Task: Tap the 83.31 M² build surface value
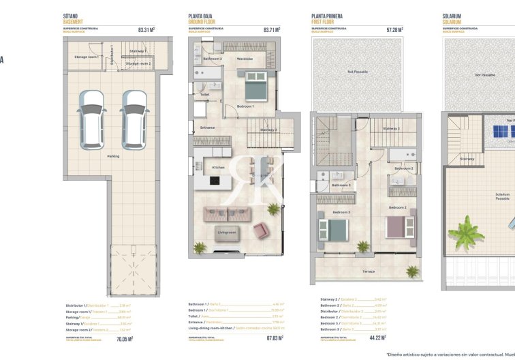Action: pos(146,30)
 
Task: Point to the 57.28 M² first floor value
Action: pos(394,30)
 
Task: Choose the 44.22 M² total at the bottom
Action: pos(377,337)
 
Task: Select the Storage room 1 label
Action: pos(87,57)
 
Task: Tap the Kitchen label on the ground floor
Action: pos(218,167)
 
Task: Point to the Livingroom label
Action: pos(227,232)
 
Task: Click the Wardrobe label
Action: pos(245,59)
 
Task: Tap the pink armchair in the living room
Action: pos(262,231)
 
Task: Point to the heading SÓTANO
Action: pos(71,15)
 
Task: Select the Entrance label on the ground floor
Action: pos(207,127)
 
